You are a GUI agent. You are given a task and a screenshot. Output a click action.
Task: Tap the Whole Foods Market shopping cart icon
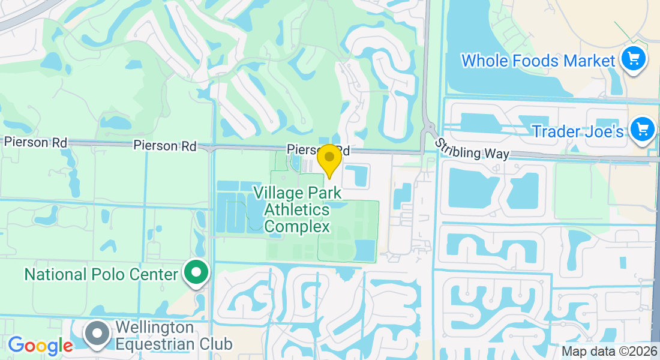pos(633,59)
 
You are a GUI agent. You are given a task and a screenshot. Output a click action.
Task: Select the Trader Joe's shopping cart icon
pos(642,130)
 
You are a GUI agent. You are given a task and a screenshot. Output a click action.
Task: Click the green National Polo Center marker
pos(196,273)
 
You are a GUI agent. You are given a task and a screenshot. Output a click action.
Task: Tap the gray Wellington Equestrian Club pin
pos(97,335)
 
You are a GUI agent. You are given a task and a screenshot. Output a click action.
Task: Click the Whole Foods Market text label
pos(538,61)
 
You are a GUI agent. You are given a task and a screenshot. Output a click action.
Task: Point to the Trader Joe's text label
pos(578,131)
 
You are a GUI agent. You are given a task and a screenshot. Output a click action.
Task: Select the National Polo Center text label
pos(101,274)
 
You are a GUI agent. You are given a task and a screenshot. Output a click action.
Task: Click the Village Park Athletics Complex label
pos(297,210)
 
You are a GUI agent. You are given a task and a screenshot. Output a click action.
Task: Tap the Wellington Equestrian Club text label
pos(173,336)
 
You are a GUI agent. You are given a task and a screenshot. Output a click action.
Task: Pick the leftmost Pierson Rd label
pos(35,142)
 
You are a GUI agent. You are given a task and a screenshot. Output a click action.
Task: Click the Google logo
pos(40,346)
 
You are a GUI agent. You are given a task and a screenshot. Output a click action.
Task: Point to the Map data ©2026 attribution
pos(608,352)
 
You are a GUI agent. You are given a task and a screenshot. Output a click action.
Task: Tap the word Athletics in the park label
pos(297,210)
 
